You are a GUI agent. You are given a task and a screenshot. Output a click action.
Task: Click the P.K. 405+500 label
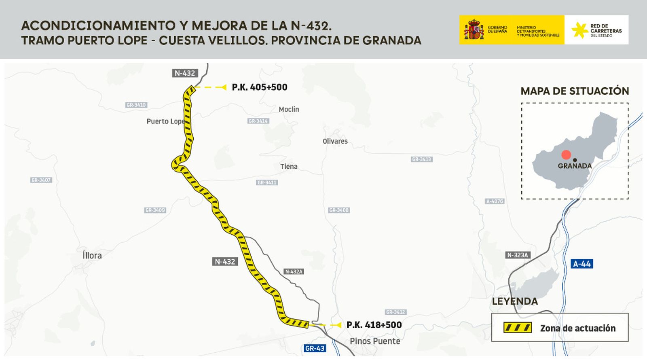coord(259,87)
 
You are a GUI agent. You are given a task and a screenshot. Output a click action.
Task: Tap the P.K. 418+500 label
coord(374,325)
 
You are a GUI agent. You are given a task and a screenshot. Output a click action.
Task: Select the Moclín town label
coord(289,109)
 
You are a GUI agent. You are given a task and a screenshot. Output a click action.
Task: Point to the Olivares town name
coord(335,141)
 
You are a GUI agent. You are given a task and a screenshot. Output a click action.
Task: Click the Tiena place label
coord(289,166)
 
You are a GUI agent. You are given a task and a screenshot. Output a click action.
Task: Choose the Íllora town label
coord(92,255)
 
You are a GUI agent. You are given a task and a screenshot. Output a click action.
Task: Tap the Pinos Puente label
coord(375,341)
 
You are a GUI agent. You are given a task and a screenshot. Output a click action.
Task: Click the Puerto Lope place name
coord(165,121)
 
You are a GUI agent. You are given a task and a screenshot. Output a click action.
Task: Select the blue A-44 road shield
coord(581,264)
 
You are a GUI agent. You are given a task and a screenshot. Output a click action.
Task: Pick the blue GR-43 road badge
coord(315,348)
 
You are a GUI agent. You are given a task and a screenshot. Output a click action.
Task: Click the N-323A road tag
coord(518,255)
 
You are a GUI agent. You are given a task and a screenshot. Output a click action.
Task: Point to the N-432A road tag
coord(294,271)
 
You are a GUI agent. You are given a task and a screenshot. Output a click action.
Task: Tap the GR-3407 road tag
coord(41,180)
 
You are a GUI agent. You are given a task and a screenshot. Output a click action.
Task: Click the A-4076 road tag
coord(495,201)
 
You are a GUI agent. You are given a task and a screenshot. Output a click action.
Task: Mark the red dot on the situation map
coord(566,155)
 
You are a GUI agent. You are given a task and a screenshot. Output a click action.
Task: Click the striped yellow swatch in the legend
coord(517,328)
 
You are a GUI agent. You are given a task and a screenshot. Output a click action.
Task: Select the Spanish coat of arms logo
coord(474,30)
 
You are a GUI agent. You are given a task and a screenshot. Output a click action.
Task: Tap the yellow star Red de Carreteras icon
coord(579,30)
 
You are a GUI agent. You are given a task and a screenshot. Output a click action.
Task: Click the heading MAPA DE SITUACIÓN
coord(575,91)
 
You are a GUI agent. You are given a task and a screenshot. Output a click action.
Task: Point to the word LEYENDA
coord(515,301)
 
